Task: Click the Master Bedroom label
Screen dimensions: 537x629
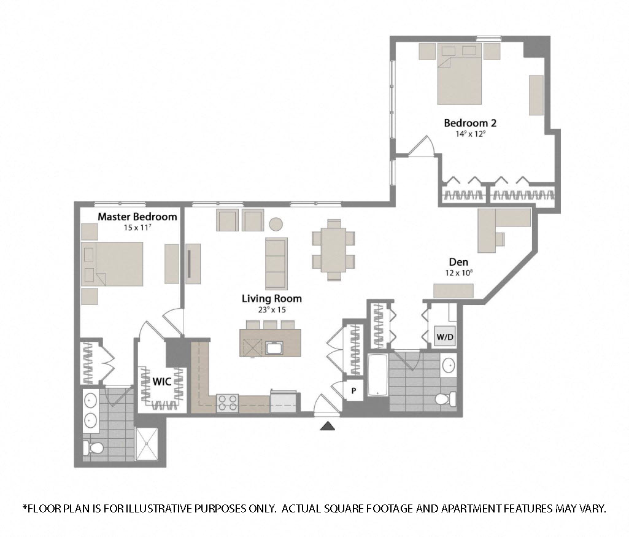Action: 137,217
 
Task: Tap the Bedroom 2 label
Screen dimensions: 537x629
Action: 470,123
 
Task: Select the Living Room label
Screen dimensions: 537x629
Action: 272,299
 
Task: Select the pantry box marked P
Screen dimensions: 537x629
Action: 354,390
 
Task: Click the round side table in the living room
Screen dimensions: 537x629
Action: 277,223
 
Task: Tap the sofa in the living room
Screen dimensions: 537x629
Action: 276,263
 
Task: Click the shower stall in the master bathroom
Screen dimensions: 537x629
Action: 149,442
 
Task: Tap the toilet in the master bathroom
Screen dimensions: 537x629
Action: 95,450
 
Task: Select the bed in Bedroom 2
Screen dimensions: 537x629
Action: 459,79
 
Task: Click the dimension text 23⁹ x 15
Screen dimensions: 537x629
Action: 272,309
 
